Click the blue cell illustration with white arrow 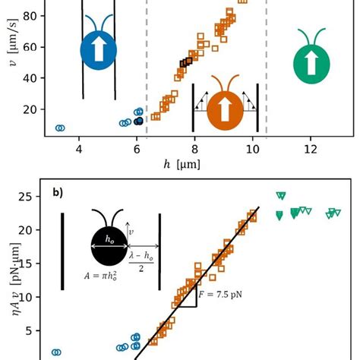tap(99, 50)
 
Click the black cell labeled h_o tap(109, 246)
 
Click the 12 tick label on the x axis tap(311, 150)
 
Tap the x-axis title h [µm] tap(182, 165)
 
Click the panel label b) tap(58, 193)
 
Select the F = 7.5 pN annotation tap(220, 295)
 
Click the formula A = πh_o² tap(101, 276)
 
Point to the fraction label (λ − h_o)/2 tap(141, 262)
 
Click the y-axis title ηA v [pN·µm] tap(16, 279)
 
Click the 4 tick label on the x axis tap(79, 150)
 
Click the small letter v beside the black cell tap(131, 232)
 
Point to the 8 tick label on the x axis tap(194, 150)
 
